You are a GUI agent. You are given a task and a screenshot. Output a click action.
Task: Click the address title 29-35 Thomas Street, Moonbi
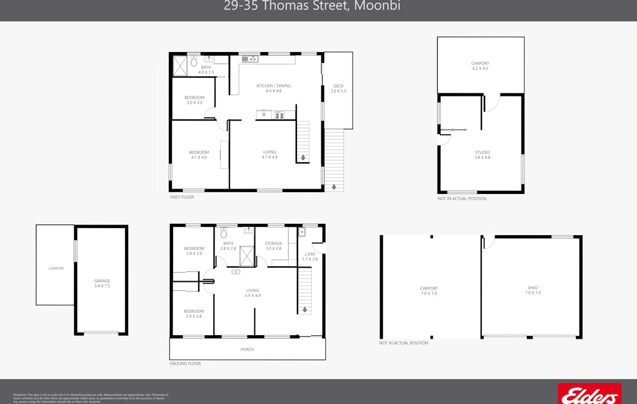[312, 7]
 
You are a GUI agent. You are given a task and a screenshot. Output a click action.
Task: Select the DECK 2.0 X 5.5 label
[338, 89]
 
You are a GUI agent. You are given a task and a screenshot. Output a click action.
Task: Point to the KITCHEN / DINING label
[274, 88]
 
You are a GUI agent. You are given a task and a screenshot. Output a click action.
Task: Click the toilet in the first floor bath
[194, 61]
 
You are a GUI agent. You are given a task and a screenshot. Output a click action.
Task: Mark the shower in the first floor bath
[180, 66]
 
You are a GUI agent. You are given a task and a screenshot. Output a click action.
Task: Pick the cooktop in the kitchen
[279, 115]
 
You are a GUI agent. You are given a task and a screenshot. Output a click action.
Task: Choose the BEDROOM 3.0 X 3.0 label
[194, 100]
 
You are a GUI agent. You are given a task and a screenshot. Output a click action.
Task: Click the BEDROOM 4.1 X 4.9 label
[199, 154]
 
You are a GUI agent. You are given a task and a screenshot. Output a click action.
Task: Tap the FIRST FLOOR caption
[182, 197]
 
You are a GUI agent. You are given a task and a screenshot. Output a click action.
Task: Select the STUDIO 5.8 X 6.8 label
[482, 155]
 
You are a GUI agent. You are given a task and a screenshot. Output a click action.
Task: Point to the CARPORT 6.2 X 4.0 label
[480, 66]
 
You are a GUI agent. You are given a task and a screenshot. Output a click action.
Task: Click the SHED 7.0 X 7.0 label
[532, 290]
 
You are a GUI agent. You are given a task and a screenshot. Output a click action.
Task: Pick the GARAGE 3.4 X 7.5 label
[102, 283]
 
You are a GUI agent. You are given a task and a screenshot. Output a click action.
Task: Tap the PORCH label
[247, 350]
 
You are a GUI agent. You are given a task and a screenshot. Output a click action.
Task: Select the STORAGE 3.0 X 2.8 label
[273, 245]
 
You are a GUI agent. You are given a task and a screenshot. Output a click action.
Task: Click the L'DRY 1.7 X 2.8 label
[310, 256]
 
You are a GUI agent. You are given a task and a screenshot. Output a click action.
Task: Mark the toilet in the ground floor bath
[224, 232]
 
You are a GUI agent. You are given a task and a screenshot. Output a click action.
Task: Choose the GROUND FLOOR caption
[185, 363]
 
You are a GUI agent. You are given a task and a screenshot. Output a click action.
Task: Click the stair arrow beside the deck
[333, 187]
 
